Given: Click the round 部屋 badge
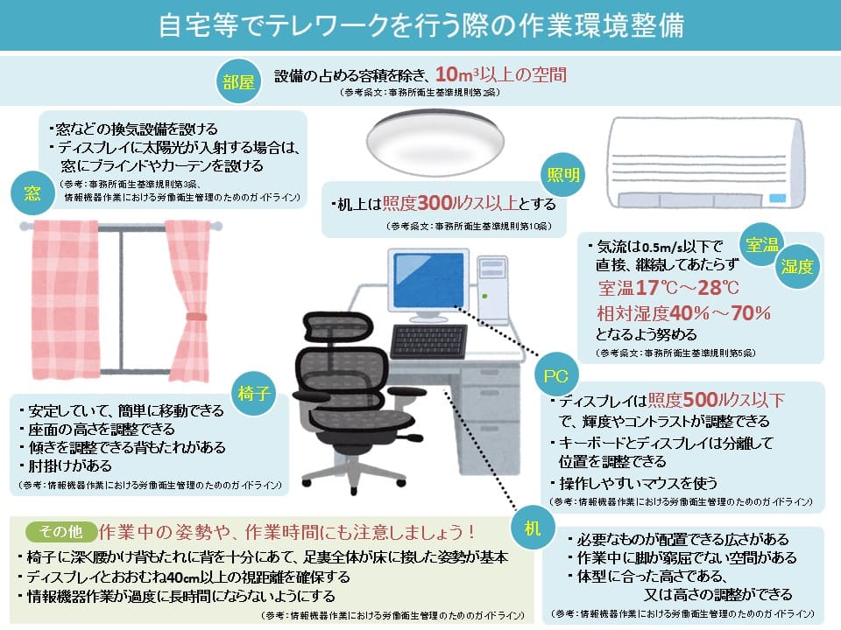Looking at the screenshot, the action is click(238, 81).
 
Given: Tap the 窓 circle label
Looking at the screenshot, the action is click(32, 192).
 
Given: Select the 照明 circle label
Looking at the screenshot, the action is click(563, 175).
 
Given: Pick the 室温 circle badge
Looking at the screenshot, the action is click(761, 245).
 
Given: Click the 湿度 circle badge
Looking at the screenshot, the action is click(797, 266).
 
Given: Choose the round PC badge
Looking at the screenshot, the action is click(556, 375).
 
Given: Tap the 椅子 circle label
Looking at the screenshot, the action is click(254, 394).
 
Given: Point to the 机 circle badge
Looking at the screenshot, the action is click(532, 528).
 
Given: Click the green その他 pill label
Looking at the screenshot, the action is click(61, 531).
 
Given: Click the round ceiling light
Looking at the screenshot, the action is click(435, 143).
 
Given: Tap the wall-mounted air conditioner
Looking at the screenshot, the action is click(706, 163).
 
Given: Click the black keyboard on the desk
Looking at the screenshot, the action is click(428, 341).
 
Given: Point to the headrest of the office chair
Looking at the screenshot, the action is click(336, 325).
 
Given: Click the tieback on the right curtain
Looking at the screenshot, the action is click(196, 317).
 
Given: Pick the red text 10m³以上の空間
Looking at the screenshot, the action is click(501, 74).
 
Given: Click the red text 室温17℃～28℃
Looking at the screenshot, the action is click(668, 288).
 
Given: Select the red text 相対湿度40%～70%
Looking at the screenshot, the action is click(684, 313).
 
